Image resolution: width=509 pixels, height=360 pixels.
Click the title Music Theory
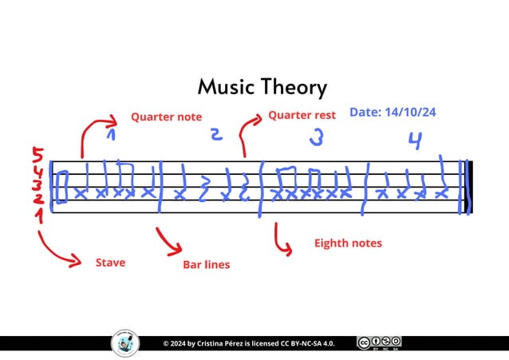pos(262,87)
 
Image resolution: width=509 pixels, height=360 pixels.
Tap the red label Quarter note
pos(166,117)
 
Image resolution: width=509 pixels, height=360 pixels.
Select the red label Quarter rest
pos(302,115)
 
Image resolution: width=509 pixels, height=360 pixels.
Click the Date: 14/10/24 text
pos(393,113)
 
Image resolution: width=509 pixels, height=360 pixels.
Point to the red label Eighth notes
pos(348,243)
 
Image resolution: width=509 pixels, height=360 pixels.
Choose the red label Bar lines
pos(206,264)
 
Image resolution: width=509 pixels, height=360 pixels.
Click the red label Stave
pos(110,262)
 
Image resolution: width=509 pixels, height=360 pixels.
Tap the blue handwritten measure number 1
pos(112,136)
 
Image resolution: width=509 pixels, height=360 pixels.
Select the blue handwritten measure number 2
pos(215,135)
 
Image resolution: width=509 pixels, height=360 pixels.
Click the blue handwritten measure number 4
pos(414,140)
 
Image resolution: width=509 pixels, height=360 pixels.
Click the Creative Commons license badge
pos(379,343)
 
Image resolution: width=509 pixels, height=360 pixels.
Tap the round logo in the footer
pos(124,343)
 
